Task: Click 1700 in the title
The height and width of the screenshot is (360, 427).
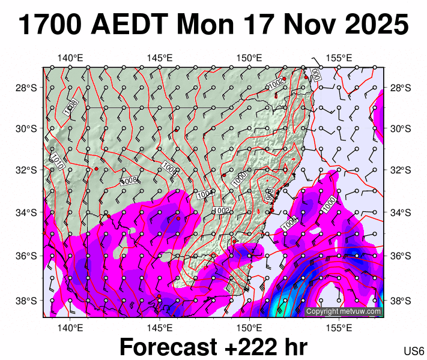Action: (x=50, y=26)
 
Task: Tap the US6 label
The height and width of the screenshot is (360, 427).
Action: (x=414, y=351)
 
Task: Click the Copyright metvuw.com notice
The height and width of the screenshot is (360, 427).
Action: (x=344, y=311)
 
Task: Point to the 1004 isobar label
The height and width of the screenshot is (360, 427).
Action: (x=205, y=194)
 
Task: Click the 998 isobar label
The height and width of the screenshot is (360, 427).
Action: (x=270, y=195)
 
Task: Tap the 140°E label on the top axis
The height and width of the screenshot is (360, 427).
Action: (x=70, y=58)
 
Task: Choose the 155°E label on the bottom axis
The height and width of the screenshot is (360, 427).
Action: (x=339, y=328)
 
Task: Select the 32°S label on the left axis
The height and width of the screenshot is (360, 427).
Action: (x=28, y=170)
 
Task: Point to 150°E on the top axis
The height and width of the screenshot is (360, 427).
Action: (x=249, y=58)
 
